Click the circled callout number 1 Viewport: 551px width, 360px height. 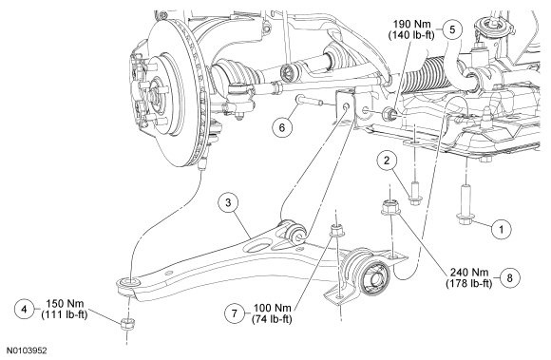click(501, 229)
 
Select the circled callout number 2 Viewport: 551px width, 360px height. click(387, 161)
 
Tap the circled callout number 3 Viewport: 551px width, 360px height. click(228, 202)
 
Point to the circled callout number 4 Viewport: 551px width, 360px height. click(25, 309)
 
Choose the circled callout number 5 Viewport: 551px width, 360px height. click(452, 29)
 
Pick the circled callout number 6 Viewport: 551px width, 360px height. click(282, 127)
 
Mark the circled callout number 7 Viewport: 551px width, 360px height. click(235, 313)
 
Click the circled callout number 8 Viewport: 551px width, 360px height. click(509, 277)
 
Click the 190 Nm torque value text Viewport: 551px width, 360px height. click(411, 25)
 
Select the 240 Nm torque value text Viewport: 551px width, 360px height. click(469, 273)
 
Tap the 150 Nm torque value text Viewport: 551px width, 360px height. click(65, 304)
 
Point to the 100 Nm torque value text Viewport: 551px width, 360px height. click(273, 308)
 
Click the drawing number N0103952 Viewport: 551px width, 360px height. click(28, 351)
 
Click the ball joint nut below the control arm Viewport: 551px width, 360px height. click(126, 324)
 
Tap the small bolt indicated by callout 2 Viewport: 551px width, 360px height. click(414, 193)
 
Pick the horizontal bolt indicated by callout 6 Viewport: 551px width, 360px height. click(310, 100)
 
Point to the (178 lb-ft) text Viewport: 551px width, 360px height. click(469, 283)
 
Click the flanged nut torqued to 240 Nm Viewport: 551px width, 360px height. click(390, 207)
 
